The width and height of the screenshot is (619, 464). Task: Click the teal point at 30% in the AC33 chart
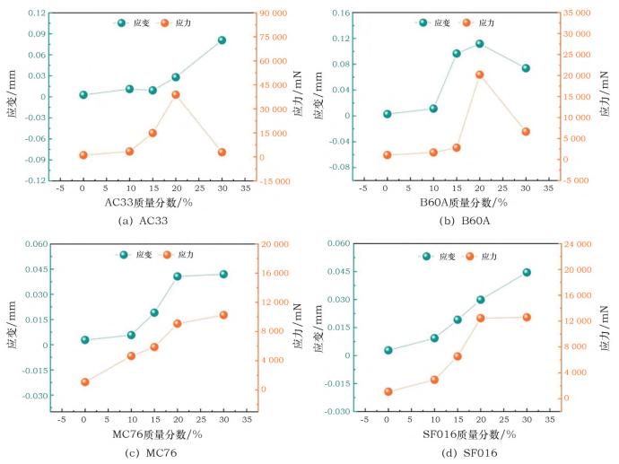(x=222, y=40)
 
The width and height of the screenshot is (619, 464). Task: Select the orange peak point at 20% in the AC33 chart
(x=176, y=94)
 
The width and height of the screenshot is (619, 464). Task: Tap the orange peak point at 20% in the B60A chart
(x=479, y=74)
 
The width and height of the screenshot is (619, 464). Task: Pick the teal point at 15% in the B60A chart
(x=457, y=54)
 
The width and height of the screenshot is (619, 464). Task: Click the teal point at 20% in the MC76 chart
(x=178, y=276)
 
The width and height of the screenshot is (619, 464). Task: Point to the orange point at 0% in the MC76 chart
(x=84, y=382)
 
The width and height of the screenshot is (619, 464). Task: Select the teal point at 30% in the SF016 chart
(x=527, y=272)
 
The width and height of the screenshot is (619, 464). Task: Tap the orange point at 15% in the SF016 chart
(x=458, y=356)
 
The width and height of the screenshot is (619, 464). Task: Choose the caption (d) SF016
(x=446, y=452)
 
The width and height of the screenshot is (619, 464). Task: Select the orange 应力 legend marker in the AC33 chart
(x=162, y=22)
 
